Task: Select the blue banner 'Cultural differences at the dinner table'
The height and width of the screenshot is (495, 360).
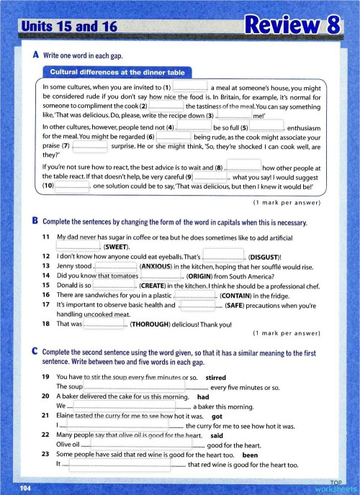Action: (117, 71)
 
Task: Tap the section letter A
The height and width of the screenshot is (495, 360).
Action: (36, 55)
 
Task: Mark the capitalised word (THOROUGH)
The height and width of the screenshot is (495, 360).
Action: (155, 323)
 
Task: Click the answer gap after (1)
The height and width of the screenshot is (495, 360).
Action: (190, 87)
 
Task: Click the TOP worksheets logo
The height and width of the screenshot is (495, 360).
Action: (334, 485)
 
